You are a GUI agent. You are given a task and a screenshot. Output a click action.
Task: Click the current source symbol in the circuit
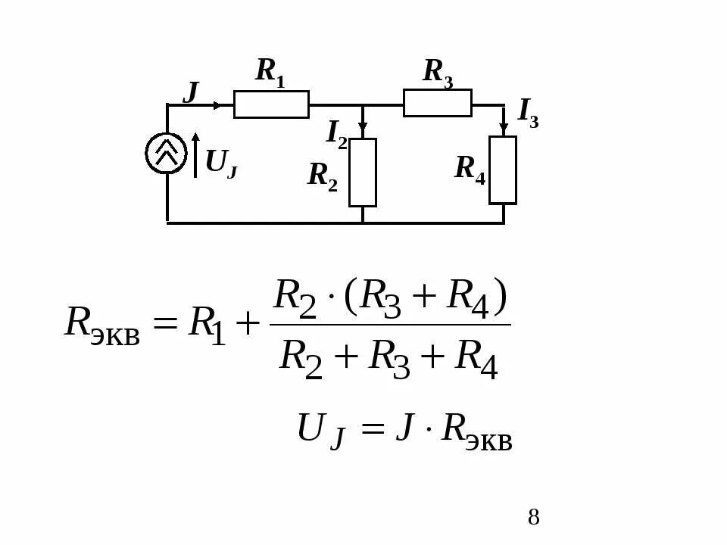pos(166,153)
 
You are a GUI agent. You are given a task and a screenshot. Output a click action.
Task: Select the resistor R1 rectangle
pos(271,104)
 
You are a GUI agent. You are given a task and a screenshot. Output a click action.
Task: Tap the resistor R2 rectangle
pos(362,172)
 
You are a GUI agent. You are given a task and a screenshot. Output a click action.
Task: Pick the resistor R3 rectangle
pos(437,103)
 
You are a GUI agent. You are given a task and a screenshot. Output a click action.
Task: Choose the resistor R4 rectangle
pos(503,170)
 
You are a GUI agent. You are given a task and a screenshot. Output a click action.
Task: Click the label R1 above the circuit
pos(270,71)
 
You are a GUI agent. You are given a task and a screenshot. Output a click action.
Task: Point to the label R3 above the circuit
pos(437,73)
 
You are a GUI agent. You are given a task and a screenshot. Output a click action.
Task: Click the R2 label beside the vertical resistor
pos(322,176)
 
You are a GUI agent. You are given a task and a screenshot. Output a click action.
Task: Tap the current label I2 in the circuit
pos(336,133)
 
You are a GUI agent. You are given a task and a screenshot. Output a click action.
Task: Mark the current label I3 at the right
pos(528,112)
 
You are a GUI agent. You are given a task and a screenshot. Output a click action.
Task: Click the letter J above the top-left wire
pos(191,92)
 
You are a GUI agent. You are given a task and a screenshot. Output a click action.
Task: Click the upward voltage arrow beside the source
pos(195,155)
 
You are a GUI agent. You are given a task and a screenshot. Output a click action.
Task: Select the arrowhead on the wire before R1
pos(218,105)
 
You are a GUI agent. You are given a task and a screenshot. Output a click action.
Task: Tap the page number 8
pos(534,518)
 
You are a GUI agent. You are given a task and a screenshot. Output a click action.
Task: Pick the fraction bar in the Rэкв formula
pos(390,325)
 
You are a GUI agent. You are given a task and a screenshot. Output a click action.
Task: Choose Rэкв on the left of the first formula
pos(102,325)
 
